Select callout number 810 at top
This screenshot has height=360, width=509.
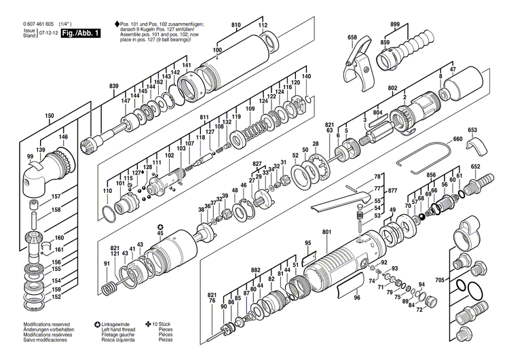(236, 25)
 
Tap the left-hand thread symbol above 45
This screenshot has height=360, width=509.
(159, 226)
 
